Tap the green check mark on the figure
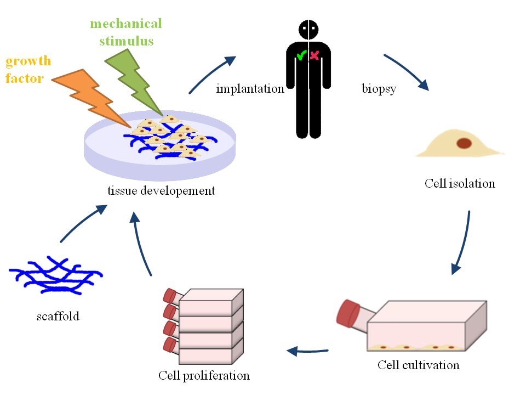coord(301,55)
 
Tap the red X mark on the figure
coord(315,55)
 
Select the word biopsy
coord(379,89)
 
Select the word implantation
coord(250,89)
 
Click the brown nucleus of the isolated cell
coord(464,143)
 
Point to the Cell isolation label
coord(460,183)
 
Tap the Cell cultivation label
coord(419,365)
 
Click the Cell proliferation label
coord(204,376)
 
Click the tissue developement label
coord(162,191)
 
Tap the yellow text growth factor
coord(27,69)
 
